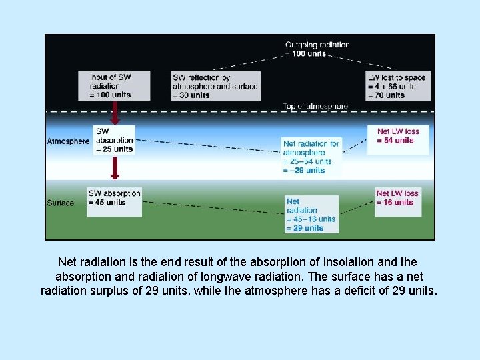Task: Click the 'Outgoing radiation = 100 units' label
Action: tap(317, 49)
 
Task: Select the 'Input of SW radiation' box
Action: tap(114, 86)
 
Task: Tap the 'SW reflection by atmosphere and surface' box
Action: tap(215, 86)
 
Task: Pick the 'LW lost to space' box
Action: tap(397, 86)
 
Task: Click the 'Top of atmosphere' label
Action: tap(315, 107)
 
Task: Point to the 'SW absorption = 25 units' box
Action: tap(114, 140)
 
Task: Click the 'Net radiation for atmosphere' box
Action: tap(311, 157)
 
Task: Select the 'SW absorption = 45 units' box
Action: tap(114, 201)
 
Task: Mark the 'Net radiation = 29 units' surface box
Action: tap(311, 214)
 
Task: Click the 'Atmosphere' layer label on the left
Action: tap(68, 141)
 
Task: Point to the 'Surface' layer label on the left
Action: tap(61, 203)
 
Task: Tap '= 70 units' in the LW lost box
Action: tap(386, 95)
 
